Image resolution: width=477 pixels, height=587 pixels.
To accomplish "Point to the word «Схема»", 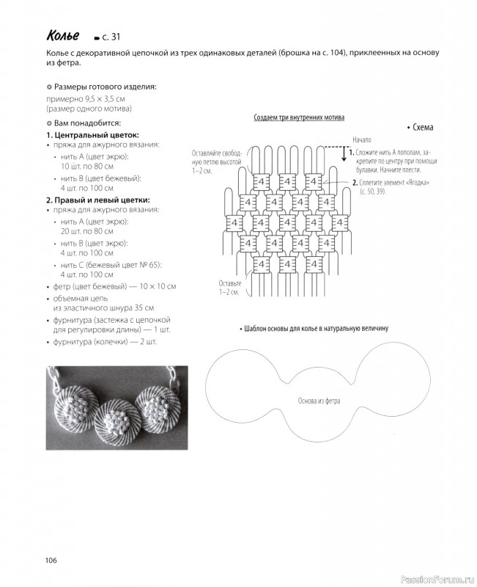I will [x=423, y=127].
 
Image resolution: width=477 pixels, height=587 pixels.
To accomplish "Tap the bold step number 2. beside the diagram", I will [x=355, y=182].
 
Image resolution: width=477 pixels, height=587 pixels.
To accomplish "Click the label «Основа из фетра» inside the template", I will [x=319, y=401].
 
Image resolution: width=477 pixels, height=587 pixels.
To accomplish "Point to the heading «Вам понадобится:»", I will [x=87, y=123].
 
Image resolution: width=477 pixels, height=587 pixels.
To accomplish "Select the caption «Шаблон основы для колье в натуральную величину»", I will [x=315, y=329].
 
